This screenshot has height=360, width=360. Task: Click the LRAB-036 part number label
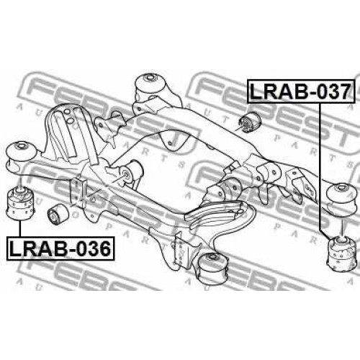60,248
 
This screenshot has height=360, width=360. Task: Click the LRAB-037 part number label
301,91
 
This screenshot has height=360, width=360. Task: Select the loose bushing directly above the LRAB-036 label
20,204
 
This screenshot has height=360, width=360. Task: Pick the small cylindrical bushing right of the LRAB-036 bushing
58,215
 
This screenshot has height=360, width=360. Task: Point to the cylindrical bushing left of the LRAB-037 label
251,122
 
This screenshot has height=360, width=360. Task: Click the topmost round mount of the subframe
151,84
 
